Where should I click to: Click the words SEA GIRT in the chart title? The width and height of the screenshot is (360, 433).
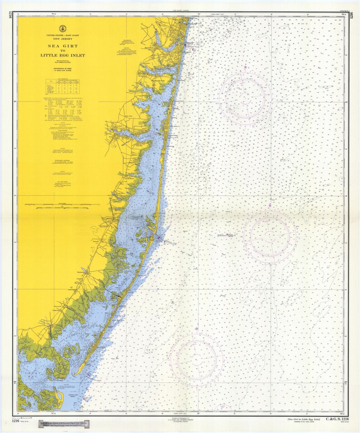pos(66,46)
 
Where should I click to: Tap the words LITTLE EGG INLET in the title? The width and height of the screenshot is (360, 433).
pos(66,55)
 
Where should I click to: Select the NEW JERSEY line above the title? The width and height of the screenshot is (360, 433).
pos(66,39)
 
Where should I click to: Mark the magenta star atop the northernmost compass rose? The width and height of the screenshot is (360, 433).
pos(245,67)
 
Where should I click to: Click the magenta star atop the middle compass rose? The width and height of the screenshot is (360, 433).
pos(270,205)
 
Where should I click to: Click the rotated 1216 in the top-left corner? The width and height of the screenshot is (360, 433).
pos(8,20)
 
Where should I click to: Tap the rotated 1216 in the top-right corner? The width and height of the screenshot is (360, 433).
pos(351,20)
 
